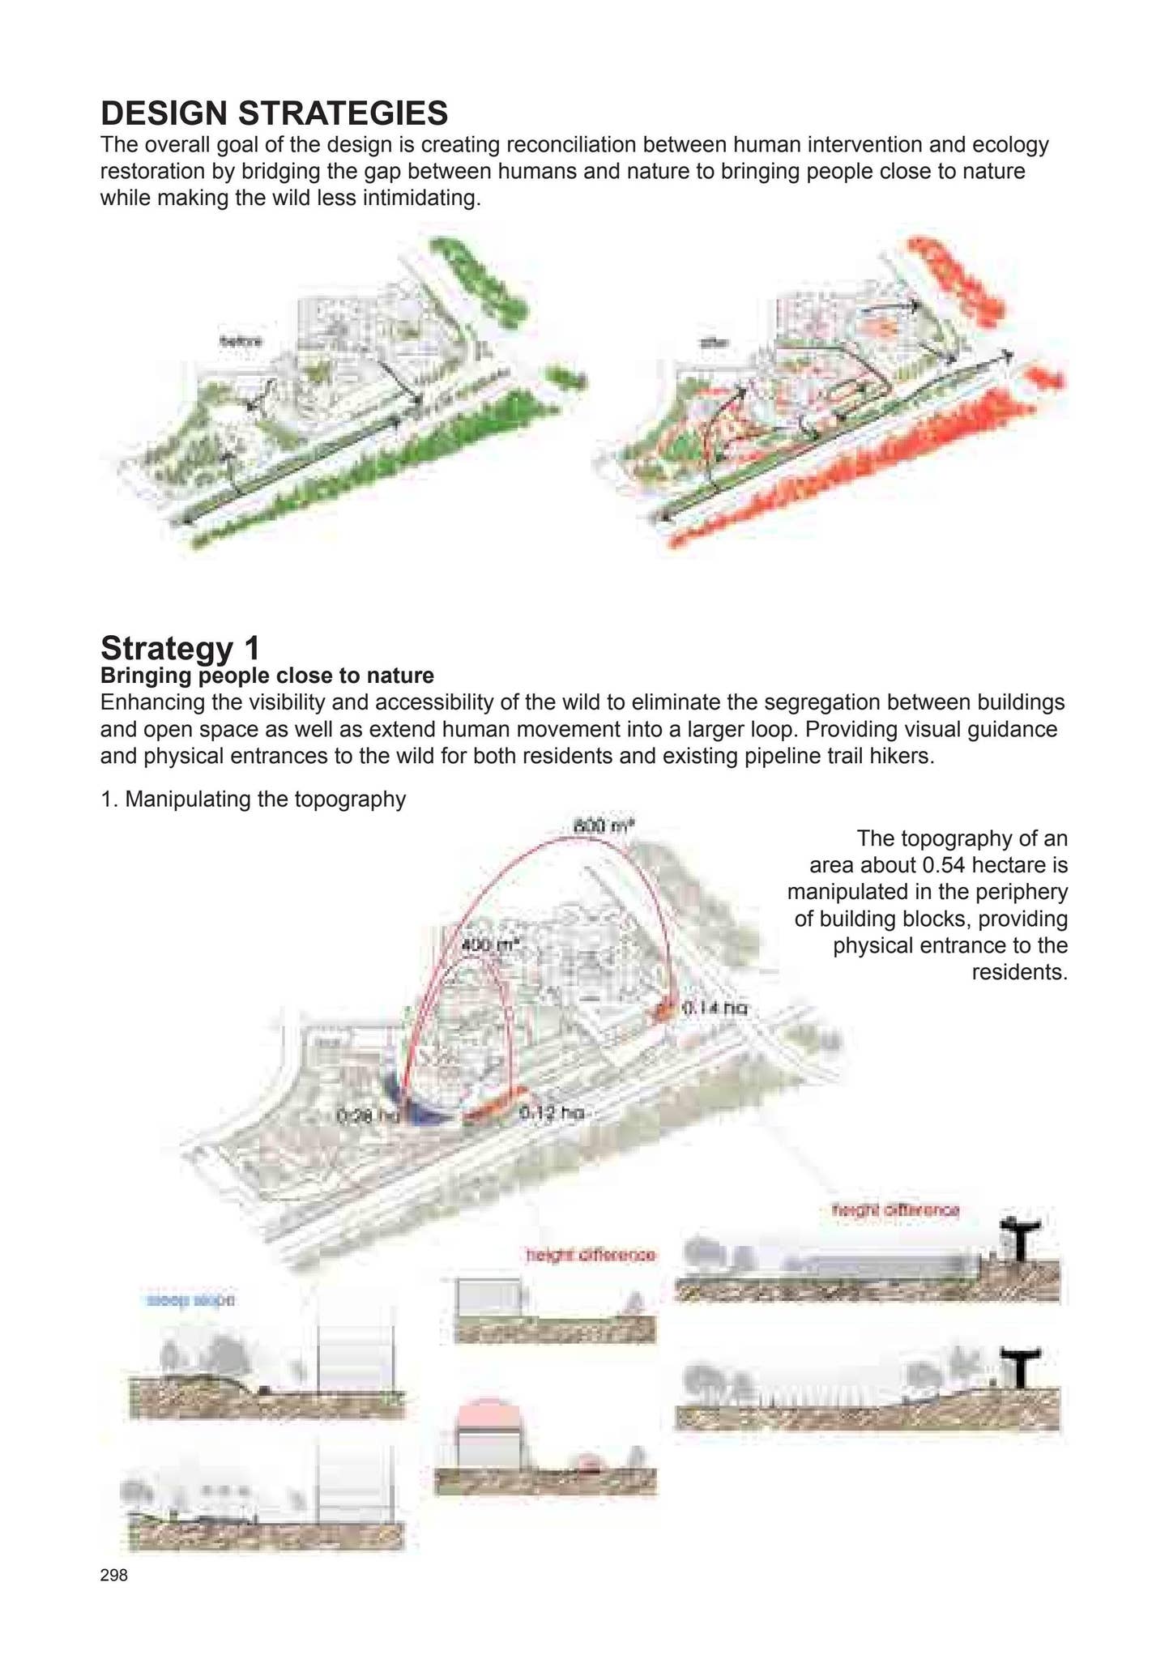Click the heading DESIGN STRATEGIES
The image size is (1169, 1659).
coord(274,113)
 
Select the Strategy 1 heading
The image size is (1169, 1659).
coord(180,648)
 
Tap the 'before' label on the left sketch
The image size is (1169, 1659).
coord(241,341)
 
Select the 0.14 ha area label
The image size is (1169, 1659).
coord(714,1009)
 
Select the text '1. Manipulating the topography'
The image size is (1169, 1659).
coord(253,800)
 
